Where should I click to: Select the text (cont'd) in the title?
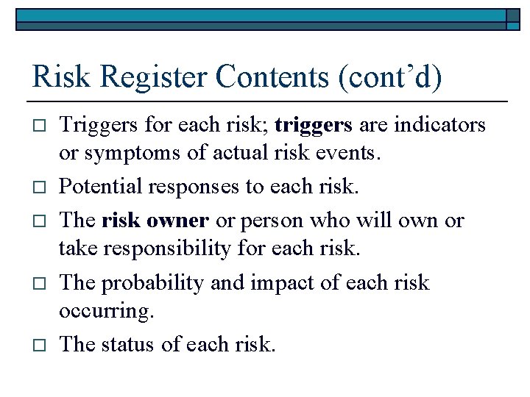click(x=390, y=77)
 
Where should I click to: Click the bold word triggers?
click(x=313, y=126)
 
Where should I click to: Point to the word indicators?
click(x=439, y=126)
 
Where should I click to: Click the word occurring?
click(x=107, y=312)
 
